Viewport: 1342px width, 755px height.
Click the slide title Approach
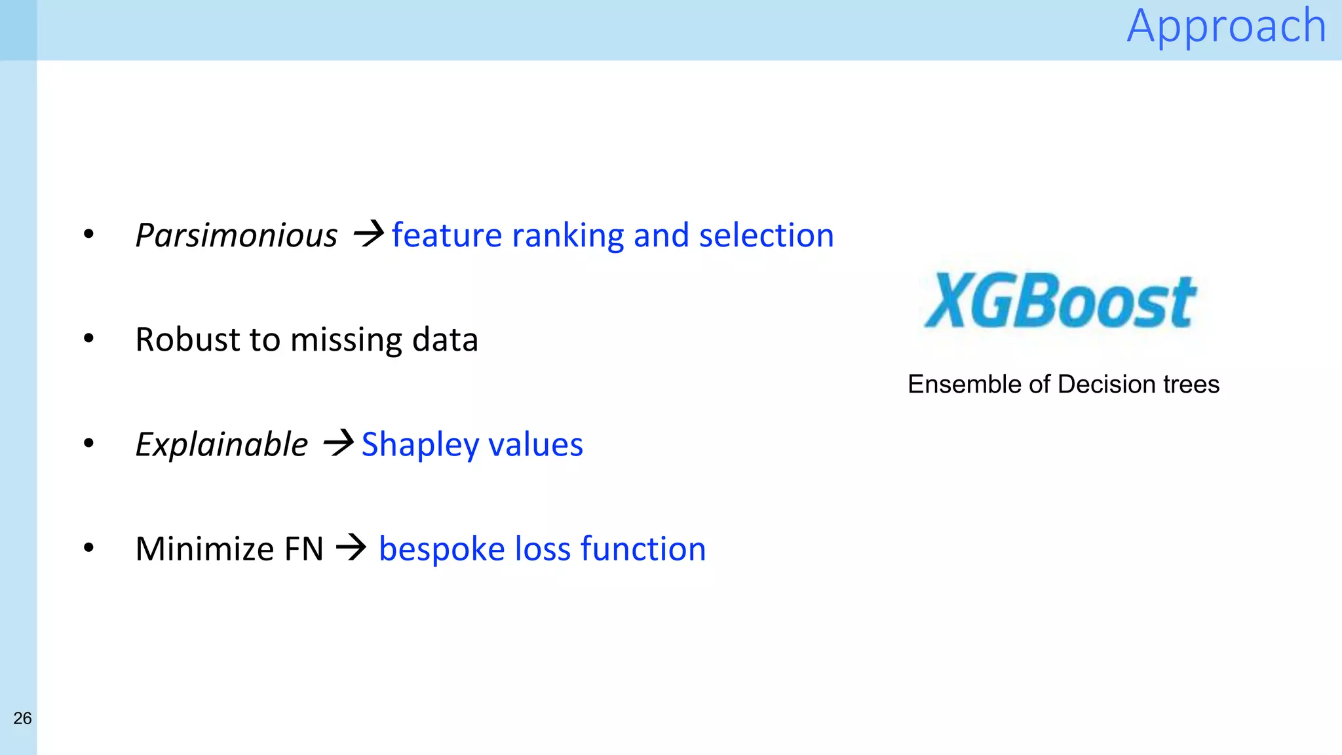click(1226, 26)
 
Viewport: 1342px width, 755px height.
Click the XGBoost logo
click(1060, 301)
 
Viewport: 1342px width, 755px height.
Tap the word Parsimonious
click(236, 235)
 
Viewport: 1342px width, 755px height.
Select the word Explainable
click(221, 444)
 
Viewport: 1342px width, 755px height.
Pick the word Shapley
click(420, 445)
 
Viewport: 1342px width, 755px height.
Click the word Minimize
click(204, 549)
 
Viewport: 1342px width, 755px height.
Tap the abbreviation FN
click(303, 549)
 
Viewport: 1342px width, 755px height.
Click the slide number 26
click(22, 718)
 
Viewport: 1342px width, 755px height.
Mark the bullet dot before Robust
click(89, 339)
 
